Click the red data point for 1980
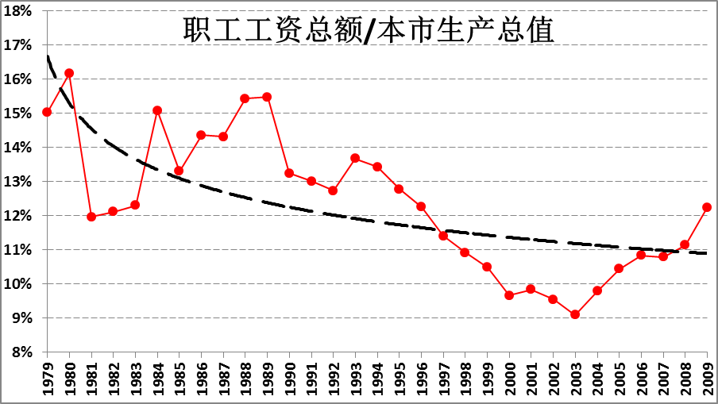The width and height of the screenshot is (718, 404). click(x=69, y=73)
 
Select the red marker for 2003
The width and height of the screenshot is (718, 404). click(x=575, y=314)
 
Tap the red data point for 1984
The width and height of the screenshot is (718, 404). click(x=157, y=110)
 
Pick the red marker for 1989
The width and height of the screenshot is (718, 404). click(x=267, y=97)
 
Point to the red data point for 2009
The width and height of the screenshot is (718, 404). click(x=706, y=207)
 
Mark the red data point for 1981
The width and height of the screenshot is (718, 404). click(x=91, y=217)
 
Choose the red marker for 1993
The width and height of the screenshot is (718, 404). click(x=355, y=158)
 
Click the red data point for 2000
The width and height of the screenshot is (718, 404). click(x=509, y=295)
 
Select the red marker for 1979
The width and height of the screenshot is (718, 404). click(x=47, y=112)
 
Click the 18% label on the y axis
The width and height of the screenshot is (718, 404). click(x=19, y=11)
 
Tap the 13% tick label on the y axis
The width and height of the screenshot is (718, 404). click(x=19, y=182)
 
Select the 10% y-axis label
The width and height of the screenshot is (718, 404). click(x=19, y=284)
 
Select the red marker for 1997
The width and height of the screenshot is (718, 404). click(x=443, y=236)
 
